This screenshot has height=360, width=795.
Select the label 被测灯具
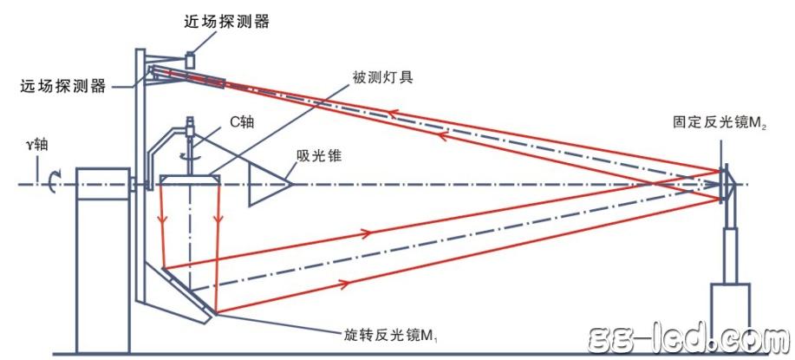tap(382, 76)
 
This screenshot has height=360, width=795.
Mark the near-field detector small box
tap(191, 59)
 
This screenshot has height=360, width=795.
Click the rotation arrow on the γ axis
tap(53, 182)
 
